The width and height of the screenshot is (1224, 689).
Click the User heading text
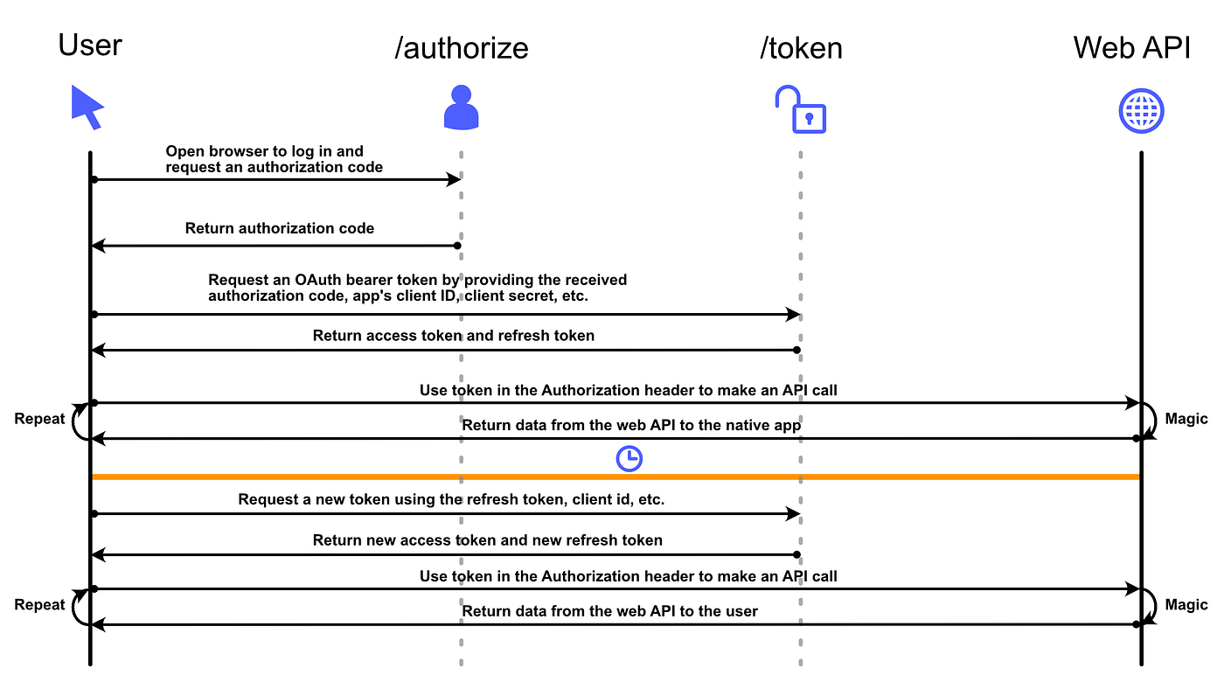click(x=90, y=45)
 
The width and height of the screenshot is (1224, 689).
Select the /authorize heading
click(x=462, y=47)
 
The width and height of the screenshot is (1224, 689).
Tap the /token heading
click(x=801, y=47)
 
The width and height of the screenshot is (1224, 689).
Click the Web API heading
click(x=1132, y=47)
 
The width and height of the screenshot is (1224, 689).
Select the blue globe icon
click(x=1141, y=111)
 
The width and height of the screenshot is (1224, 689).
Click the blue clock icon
click(x=629, y=458)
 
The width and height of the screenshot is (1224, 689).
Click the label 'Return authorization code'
click(x=279, y=229)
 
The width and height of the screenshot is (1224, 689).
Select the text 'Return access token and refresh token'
click(x=453, y=336)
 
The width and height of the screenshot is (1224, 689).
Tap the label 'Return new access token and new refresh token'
click(x=487, y=540)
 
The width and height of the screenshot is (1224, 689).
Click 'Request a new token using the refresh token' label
click(x=450, y=500)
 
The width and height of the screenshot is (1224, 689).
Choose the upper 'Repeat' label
click(x=39, y=419)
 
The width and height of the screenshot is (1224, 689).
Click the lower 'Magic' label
click(x=1186, y=605)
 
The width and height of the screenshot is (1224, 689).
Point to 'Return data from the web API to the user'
click(x=609, y=611)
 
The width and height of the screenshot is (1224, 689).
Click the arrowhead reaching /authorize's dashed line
click(x=454, y=179)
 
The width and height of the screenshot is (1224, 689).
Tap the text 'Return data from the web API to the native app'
click(x=631, y=426)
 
